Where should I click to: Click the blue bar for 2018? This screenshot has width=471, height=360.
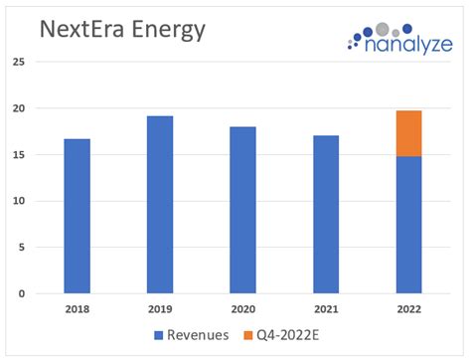point(77,216)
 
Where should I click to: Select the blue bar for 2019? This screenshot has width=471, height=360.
point(160,205)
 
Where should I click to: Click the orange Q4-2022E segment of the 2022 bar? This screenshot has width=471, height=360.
point(408,133)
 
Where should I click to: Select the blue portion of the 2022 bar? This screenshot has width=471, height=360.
point(408,225)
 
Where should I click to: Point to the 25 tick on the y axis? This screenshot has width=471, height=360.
point(18,62)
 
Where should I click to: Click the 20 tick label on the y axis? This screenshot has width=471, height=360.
point(18,108)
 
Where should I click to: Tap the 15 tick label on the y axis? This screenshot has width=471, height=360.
point(18,155)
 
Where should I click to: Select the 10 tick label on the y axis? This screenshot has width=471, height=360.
point(18,201)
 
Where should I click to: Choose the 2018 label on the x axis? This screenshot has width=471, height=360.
point(77,310)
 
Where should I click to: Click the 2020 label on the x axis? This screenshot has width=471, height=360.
point(242,310)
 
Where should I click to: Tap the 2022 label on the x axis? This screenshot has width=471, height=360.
point(408,310)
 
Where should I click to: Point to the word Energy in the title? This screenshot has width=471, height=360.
point(170,31)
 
